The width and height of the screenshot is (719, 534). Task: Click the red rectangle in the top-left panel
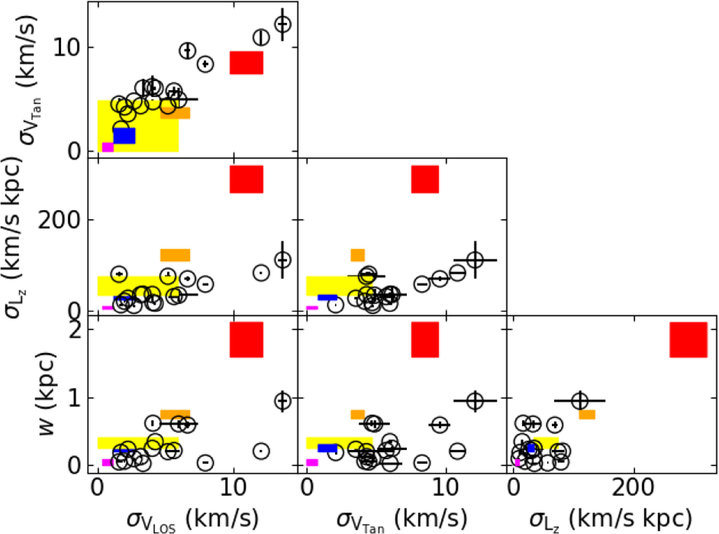pyautogui.click(x=246, y=62)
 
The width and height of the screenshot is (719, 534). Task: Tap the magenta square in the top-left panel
pyautogui.click(x=108, y=147)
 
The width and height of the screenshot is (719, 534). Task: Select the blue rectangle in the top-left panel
pyautogui.click(x=124, y=136)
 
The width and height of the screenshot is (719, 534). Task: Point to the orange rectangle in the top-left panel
pyautogui.click(x=175, y=113)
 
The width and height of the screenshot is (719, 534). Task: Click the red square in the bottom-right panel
pyautogui.click(x=688, y=340)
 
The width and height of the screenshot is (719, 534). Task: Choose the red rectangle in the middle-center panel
pyautogui.click(x=425, y=179)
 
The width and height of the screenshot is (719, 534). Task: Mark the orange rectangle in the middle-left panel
pyautogui.click(x=175, y=255)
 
